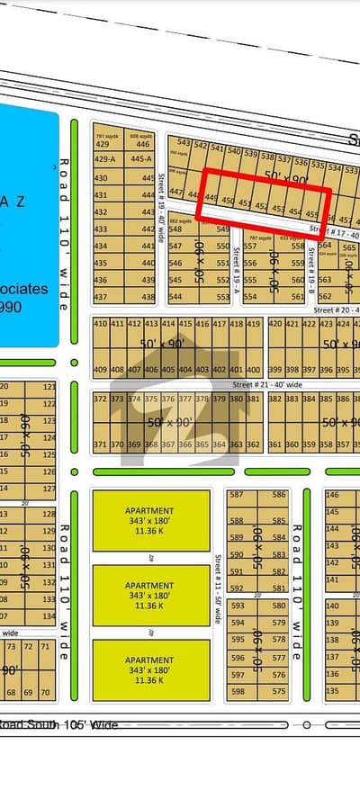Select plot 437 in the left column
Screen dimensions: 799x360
coord(101,297)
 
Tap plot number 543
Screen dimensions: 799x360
coord(184,142)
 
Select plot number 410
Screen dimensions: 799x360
coord(100,323)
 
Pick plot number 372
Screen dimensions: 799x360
coord(100,399)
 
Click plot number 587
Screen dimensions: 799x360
coord(237,495)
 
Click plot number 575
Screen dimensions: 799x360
coord(279,691)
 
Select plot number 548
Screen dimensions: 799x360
coord(175,229)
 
